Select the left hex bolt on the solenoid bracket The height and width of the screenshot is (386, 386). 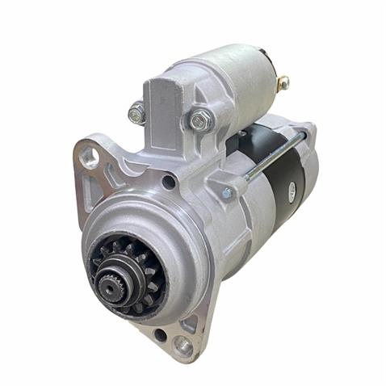click(137, 113)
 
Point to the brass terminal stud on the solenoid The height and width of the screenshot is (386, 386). click(283, 82)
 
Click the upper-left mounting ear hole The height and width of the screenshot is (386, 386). click(90, 156)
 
